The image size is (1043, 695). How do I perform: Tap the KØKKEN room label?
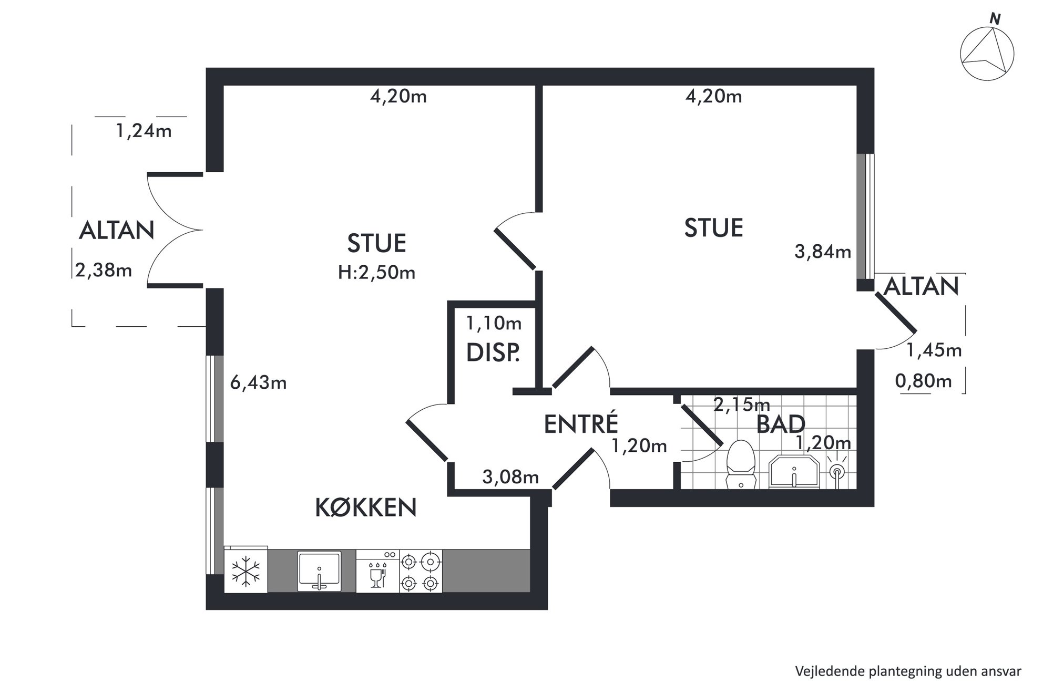[x=366, y=508]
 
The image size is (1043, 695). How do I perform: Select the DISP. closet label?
[x=493, y=352]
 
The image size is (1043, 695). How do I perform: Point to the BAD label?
[x=781, y=424]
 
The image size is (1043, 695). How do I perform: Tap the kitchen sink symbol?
[x=319, y=571]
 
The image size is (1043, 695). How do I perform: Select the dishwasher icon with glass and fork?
[x=377, y=572]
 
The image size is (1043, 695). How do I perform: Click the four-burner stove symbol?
[x=421, y=572]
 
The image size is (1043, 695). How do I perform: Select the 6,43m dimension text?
[x=259, y=383]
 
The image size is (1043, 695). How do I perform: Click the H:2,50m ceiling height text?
[x=377, y=273]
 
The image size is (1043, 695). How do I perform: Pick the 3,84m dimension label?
[x=823, y=252]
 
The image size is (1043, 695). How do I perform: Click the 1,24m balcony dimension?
[x=144, y=131]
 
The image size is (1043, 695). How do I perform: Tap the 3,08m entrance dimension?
[x=510, y=477]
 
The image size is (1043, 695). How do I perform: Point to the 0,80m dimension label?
[x=924, y=380]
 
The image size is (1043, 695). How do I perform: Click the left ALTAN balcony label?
[x=117, y=230]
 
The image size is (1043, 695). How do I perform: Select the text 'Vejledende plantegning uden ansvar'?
[x=908, y=671]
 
